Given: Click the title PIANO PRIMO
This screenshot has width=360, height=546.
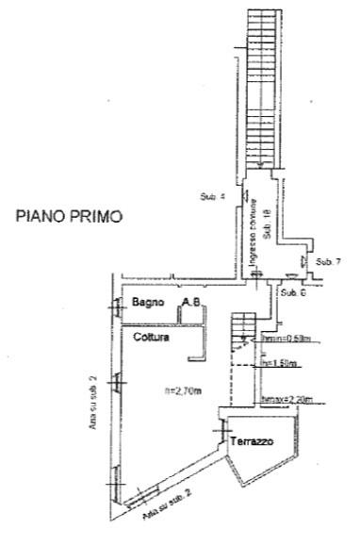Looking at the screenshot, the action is (x=69, y=216).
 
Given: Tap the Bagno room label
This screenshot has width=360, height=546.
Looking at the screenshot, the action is (x=149, y=303).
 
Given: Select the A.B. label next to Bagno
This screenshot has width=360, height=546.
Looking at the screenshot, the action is (x=191, y=303).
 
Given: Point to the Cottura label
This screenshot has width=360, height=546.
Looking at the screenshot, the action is (x=151, y=336).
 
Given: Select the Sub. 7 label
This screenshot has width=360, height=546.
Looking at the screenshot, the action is (x=326, y=260).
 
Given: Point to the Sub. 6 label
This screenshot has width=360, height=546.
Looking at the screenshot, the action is (x=291, y=292).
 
